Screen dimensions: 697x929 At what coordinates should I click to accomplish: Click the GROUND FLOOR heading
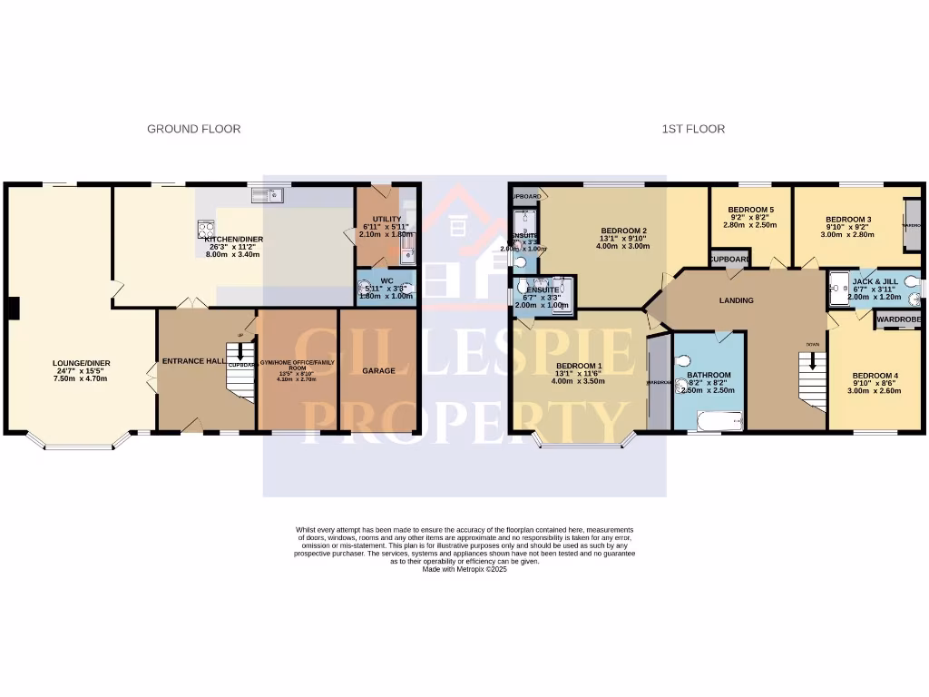[x=193, y=129]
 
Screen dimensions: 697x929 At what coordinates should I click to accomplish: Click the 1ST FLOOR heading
[x=692, y=129]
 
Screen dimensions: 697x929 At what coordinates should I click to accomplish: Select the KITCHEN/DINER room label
[x=233, y=240]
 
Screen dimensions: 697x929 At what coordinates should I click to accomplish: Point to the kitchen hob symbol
[x=205, y=230]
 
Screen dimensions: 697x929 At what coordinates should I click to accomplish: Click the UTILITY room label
[x=374, y=219]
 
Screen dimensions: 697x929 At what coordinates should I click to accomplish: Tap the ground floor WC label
[x=386, y=281]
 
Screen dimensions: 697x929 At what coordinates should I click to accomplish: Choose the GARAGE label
[x=378, y=371]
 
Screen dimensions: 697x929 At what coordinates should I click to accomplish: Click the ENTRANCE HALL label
[x=193, y=361]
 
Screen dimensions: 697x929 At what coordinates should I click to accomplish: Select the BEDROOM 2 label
[x=622, y=231]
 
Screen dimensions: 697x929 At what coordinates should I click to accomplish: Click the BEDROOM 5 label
[x=750, y=210]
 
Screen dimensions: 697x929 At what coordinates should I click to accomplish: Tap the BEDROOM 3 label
[x=848, y=220]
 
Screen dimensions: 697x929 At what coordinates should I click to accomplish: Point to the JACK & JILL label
[x=875, y=281]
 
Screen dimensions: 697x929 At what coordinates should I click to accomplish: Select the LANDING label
[x=736, y=300]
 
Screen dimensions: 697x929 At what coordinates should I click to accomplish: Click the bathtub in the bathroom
[x=719, y=420]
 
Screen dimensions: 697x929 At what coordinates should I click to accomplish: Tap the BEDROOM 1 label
[x=578, y=367]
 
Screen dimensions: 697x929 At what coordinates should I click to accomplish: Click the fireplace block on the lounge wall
[x=11, y=309]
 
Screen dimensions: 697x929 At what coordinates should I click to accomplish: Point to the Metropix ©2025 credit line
[x=464, y=569]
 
